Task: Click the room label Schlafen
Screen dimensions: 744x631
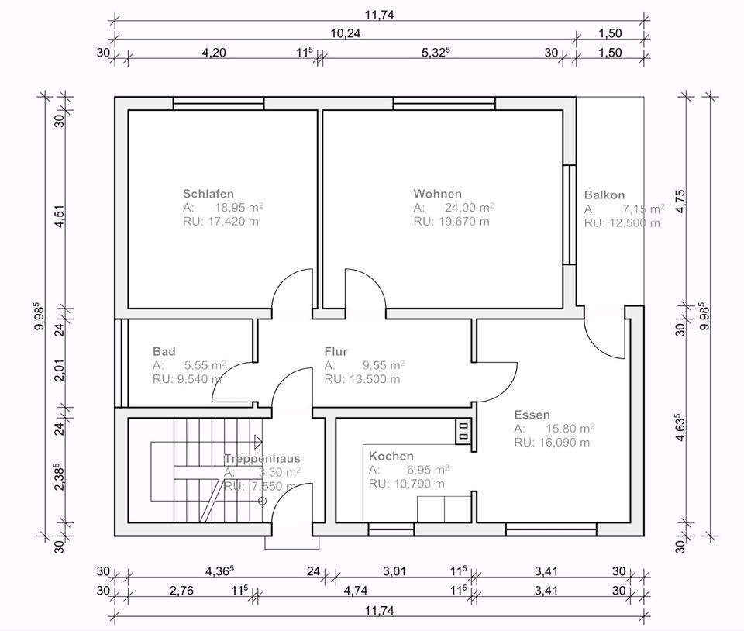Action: [208, 194]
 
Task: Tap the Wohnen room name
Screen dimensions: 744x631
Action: [437, 194]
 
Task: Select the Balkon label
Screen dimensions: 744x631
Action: [604, 195]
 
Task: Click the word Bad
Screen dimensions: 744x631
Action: [164, 352]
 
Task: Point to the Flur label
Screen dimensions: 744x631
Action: [336, 352]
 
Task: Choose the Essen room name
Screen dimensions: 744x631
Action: [532, 415]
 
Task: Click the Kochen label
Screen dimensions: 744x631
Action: [391, 456]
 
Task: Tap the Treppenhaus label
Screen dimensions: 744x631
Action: [262, 458]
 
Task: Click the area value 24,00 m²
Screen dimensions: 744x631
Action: [470, 207]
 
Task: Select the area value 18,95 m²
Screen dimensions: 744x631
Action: [239, 207]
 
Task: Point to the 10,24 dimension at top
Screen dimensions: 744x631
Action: [346, 33]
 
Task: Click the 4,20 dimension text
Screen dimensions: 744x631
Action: [214, 52]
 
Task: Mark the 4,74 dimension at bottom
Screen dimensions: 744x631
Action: [356, 591]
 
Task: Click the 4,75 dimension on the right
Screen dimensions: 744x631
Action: [680, 202]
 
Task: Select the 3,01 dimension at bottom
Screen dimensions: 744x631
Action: [394, 571]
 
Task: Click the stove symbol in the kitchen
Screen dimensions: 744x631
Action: [463, 431]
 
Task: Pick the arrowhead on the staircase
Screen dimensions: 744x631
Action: [258, 442]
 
